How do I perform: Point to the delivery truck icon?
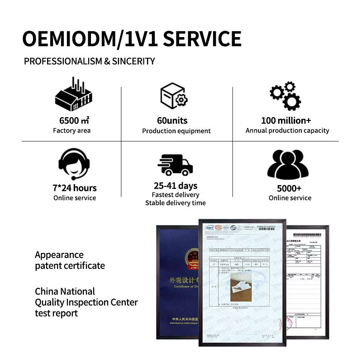click(x=175, y=164)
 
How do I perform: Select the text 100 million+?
click(x=286, y=120)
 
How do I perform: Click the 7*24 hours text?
click(x=75, y=188)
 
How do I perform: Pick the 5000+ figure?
click(x=290, y=188)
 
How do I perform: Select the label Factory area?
click(x=71, y=131)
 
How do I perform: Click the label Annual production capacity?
click(x=287, y=131)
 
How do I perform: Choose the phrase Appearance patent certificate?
click(x=70, y=260)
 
